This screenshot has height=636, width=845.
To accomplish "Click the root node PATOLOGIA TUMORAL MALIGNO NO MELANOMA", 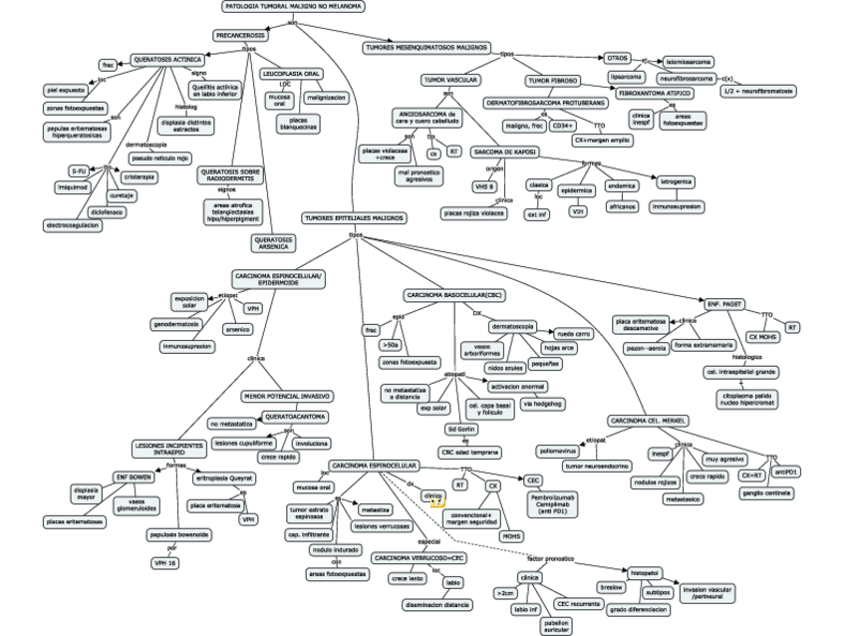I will coord(292,6).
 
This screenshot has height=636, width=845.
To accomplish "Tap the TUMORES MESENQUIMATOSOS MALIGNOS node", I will coord(426,47).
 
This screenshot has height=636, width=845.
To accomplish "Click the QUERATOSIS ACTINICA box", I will coord(167,59).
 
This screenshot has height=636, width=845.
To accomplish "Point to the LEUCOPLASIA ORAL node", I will coord(290,74).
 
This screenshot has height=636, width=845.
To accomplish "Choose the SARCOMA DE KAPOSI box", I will coord(506,152).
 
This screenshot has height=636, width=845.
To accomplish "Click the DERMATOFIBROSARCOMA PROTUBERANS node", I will coord(545,103).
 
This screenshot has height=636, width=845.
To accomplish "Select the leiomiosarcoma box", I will coord(688,62).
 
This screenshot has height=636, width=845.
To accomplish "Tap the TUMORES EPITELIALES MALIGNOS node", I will coord(353,217).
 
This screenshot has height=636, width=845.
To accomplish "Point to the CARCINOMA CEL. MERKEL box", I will coord(651,421).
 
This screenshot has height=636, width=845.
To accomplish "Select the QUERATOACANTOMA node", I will coord(294,416).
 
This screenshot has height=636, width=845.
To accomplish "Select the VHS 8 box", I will coord(484,185).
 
